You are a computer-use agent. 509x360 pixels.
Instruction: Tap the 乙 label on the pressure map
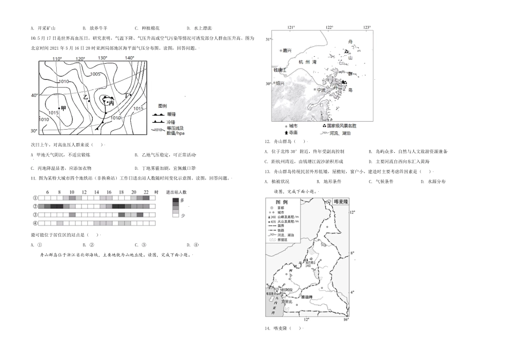pos(86,96)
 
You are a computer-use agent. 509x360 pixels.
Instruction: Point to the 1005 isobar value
pos(95,74)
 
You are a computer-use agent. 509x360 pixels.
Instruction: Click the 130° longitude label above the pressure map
pos(102,57)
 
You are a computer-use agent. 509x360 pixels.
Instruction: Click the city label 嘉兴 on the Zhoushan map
pos(288,50)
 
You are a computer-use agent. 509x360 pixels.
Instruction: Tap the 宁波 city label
pos(321,90)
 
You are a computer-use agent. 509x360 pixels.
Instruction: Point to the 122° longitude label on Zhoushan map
pos(328,27)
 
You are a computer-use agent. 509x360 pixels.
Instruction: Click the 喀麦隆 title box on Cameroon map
pos(341,202)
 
